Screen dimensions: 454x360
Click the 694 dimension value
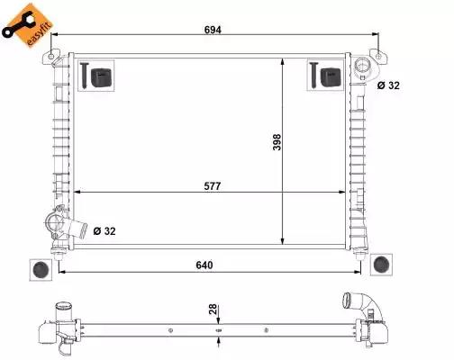(213, 30)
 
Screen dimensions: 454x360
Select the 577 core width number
(213, 186)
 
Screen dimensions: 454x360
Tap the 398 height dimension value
(277, 142)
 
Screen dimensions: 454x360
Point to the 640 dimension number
(204, 265)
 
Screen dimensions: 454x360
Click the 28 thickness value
(213, 310)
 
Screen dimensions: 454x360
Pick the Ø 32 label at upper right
(388, 85)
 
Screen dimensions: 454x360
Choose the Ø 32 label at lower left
(104, 231)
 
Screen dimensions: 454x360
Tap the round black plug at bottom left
(41, 269)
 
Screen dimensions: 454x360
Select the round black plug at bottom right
(381, 265)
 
